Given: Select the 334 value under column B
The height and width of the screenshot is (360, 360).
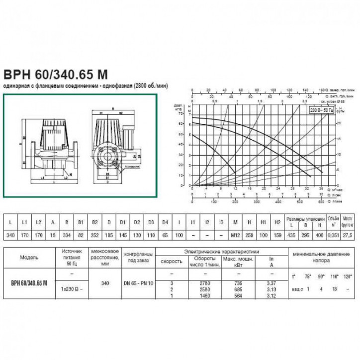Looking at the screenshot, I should (x=67, y=234).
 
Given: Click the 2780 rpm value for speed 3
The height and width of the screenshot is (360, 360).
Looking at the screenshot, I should (x=204, y=282).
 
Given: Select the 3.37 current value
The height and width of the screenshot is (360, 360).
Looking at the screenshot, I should (x=271, y=282).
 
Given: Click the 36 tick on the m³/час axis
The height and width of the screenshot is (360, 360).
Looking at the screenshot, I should (x=321, y=189).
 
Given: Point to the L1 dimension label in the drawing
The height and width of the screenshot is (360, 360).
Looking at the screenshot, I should (x=42, y=176).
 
